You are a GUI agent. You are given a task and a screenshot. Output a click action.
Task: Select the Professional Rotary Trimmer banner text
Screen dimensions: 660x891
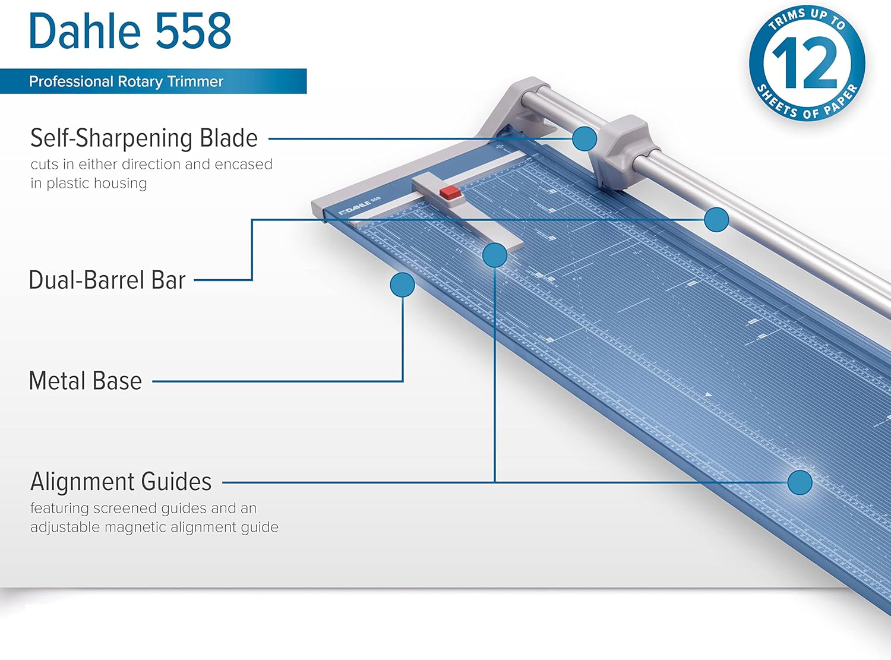coord(126,81)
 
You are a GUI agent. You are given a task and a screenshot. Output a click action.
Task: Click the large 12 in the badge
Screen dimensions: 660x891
coord(806,62)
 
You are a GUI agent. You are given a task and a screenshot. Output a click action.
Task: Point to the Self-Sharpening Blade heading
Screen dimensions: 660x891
coord(144,138)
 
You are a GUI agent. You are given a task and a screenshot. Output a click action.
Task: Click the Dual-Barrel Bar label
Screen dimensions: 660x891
coord(107,280)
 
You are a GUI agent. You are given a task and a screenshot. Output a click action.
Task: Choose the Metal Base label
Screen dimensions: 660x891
coord(86,381)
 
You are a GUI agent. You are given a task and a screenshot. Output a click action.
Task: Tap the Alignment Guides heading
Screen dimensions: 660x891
coord(121,482)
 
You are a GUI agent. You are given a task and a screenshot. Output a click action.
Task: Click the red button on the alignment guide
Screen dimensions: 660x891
coord(450,192)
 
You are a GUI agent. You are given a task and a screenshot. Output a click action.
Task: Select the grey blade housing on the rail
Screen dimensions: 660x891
coord(621,149)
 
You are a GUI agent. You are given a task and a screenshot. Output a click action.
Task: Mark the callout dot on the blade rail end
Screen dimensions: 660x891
coord(584,138)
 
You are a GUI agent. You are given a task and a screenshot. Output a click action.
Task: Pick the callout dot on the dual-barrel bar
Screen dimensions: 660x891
coord(716,220)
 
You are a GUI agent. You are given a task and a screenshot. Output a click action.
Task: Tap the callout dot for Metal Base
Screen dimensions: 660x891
coord(402,285)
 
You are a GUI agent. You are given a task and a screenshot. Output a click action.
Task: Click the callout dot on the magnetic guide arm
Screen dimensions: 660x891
coord(495,255)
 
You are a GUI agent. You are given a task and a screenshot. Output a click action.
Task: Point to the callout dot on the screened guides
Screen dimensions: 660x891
coord(800,482)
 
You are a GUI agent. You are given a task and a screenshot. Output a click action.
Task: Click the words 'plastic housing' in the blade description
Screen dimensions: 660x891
coord(97,183)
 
